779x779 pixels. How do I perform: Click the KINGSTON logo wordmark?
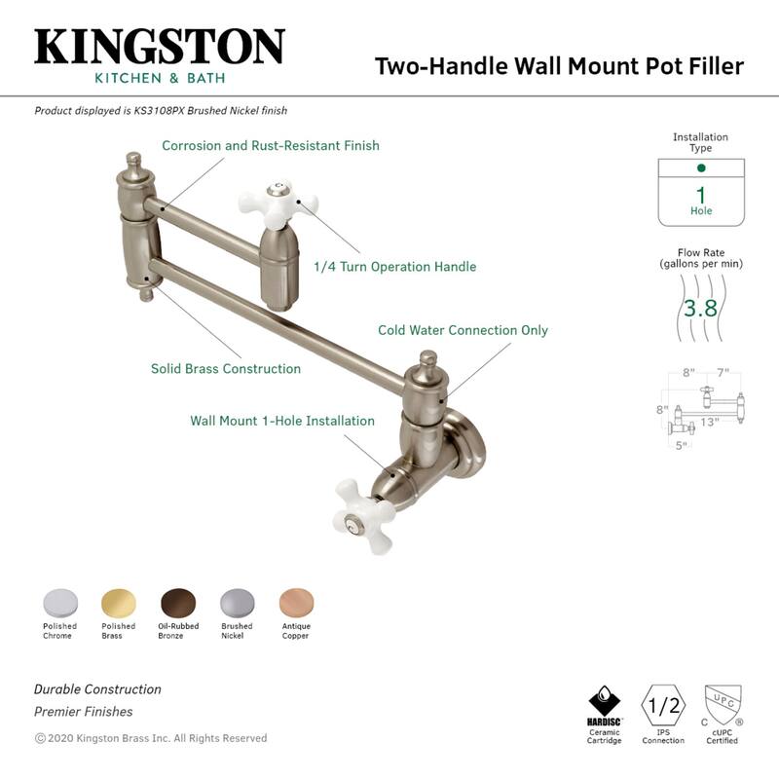click(160, 47)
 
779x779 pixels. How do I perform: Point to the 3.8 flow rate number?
click(699, 310)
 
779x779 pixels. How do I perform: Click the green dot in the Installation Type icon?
click(700, 168)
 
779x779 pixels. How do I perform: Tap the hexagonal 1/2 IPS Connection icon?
click(663, 703)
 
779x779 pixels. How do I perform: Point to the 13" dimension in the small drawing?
click(709, 422)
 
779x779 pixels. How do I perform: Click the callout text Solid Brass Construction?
click(226, 369)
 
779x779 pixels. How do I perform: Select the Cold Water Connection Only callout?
click(463, 330)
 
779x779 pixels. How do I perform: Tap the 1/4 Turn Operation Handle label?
click(394, 266)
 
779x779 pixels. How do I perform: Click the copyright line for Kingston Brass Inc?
click(151, 738)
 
